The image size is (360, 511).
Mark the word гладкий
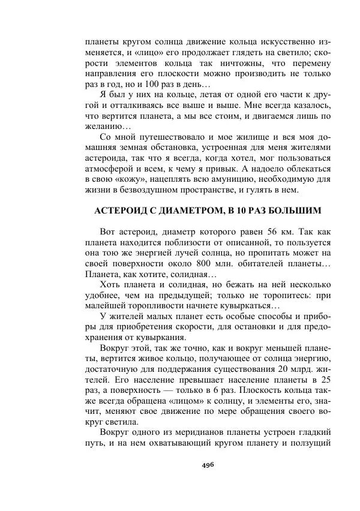314,432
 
